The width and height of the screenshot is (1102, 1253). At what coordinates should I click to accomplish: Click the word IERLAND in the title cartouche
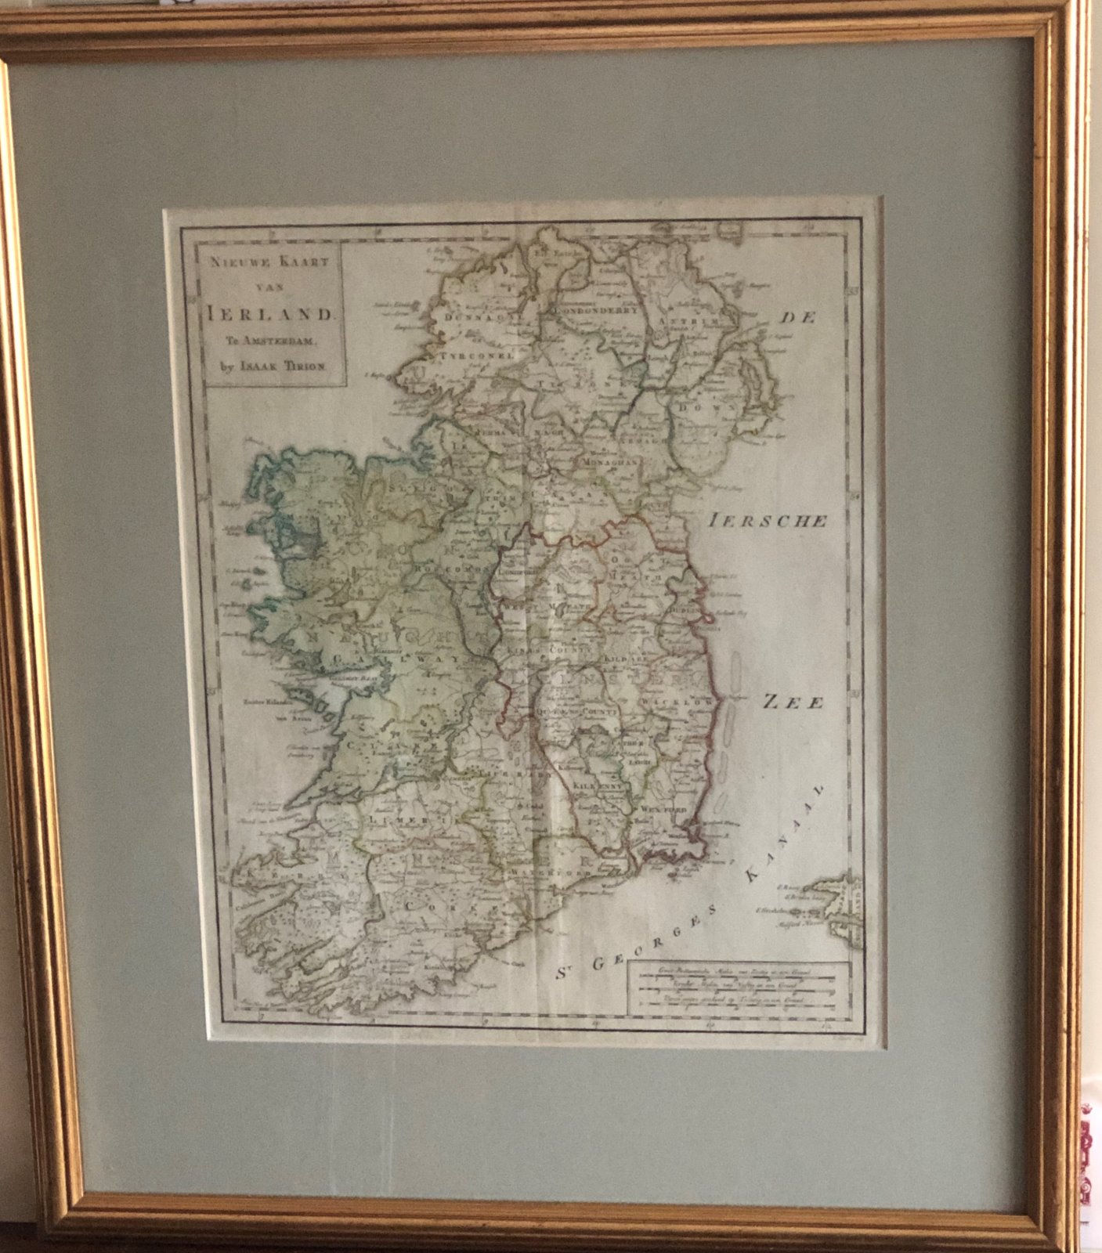coord(270,314)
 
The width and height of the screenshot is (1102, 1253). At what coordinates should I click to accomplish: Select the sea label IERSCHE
coord(768,521)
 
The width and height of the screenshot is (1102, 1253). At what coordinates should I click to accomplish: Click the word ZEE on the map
coord(793,702)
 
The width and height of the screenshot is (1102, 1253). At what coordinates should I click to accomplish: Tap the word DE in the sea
coord(797,317)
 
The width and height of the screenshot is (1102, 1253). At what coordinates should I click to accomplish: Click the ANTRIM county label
coord(687,322)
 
